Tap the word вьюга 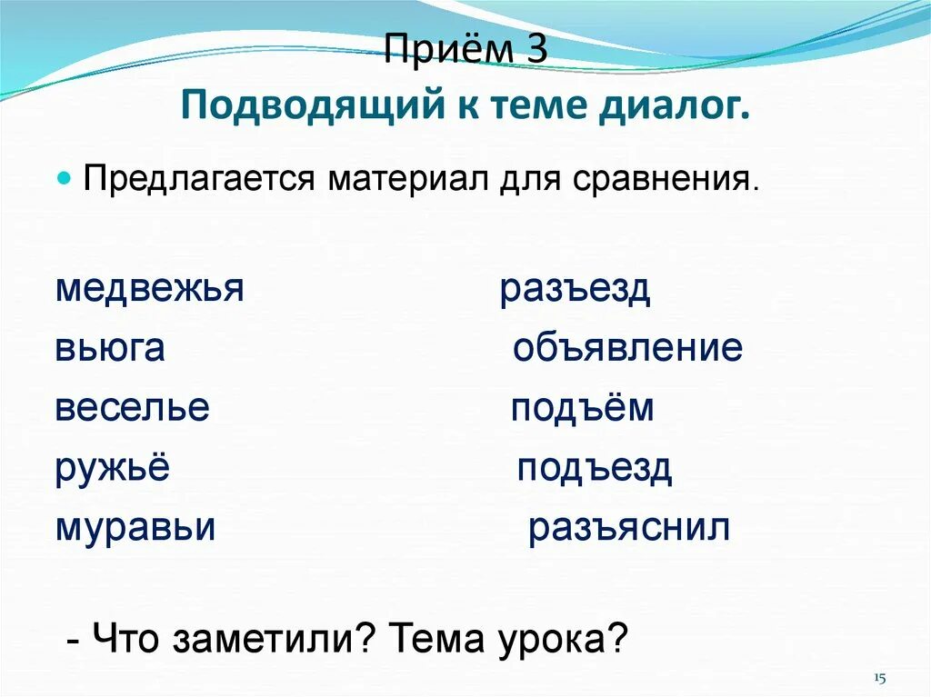pyautogui.click(x=110, y=349)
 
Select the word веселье pyautogui.click(x=133, y=408)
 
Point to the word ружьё pyautogui.click(x=113, y=469)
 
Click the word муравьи pyautogui.click(x=135, y=528)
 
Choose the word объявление pyautogui.click(x=627, y=349)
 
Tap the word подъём pyautogui.click(x=582, y=408)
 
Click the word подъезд pyautogui.click(x=595, y=469)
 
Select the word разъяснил pyautogui.click(x=629, y=528)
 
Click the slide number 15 pyautogui.click(x=879, y=679)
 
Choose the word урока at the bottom pyautogui.click(x=562, y=642)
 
